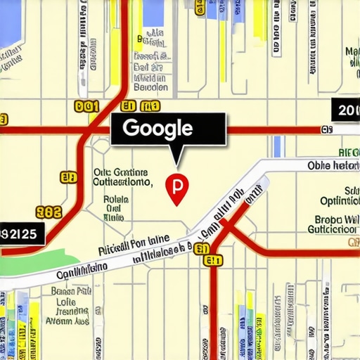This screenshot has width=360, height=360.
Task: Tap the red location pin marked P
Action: (176, 188)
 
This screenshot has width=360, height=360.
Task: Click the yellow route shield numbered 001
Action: (86, 107)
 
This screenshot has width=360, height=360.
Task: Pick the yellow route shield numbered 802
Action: (48, 211)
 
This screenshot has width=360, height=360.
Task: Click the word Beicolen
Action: (150, 89)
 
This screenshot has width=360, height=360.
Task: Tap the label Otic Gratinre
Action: (120, 172)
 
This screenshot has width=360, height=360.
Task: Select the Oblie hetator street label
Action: (333, 166)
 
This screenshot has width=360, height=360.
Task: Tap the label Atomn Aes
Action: (66, 321)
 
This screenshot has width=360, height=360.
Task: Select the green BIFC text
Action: (348, 152)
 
